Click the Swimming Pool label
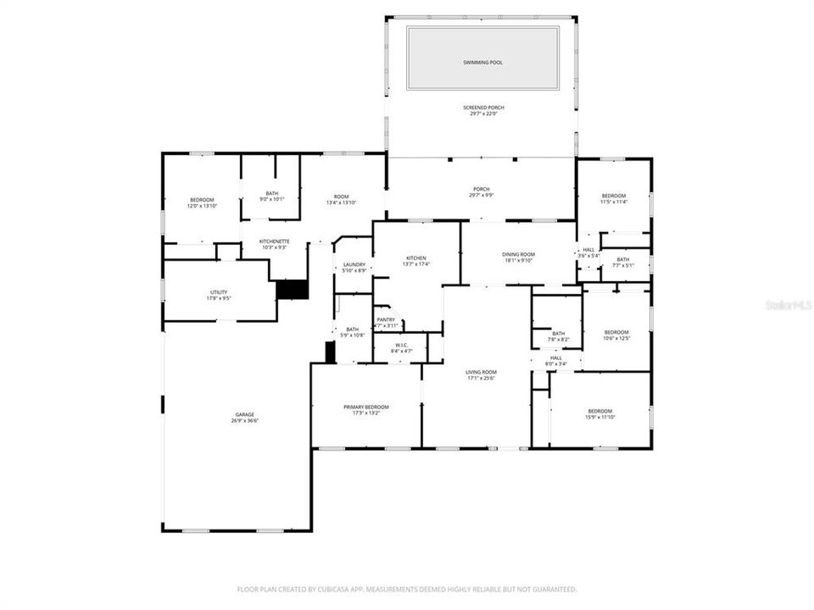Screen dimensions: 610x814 pos(482,63)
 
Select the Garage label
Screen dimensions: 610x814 pos(244,414)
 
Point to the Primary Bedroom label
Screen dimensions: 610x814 pos(366,407)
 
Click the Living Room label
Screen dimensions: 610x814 pos(481,372)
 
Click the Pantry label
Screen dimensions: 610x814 pos(386,319)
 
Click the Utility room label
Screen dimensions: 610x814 pos(219,292)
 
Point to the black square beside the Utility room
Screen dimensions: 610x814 pos(292,290)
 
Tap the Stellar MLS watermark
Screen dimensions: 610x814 pos(788,302)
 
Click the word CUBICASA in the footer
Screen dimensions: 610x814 pos(327,589)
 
